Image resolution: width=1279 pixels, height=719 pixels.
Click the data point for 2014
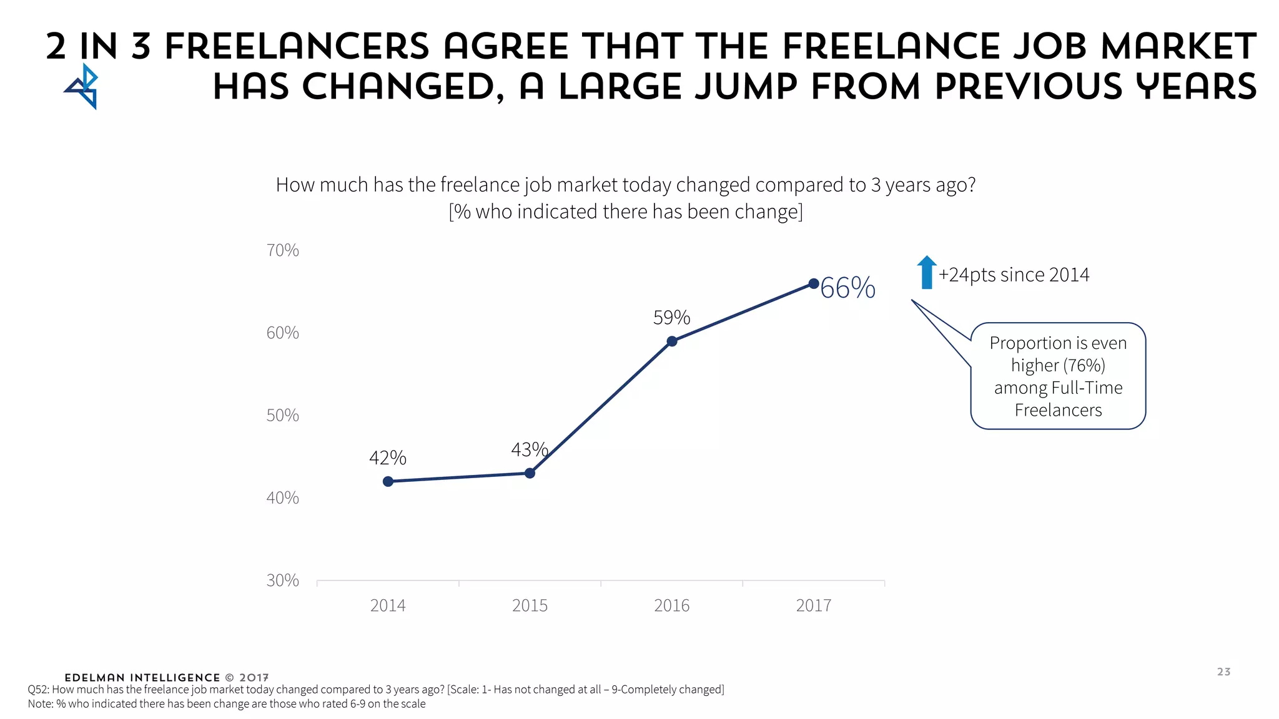click(388, 481)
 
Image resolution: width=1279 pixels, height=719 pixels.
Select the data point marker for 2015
click(530, 473)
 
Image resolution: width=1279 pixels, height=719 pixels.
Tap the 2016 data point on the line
click(672, 341)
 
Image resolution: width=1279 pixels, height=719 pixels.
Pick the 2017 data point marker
click(813, 284)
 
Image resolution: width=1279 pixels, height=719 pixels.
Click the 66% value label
click(847, 288)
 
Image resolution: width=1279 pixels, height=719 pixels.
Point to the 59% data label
click(671, 318)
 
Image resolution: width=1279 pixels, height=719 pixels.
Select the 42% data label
click(387, 458)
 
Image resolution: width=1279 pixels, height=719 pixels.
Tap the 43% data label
click(529, 449)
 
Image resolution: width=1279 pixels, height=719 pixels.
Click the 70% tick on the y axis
click(282, 250)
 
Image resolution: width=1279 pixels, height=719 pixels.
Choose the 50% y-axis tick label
click(282, 415)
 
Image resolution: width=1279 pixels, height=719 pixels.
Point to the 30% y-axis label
click(282, 580)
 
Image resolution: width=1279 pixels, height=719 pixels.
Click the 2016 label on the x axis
click(671, 605)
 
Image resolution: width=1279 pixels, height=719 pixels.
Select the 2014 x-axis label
click(387, 605)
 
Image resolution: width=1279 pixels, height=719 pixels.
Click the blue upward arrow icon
click(927, 273)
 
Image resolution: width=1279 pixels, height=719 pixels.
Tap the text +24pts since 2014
click(1014, 275)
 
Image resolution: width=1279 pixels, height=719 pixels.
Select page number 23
click(1223, 672)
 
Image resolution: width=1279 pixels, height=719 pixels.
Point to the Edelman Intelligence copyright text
click(167, 678)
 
